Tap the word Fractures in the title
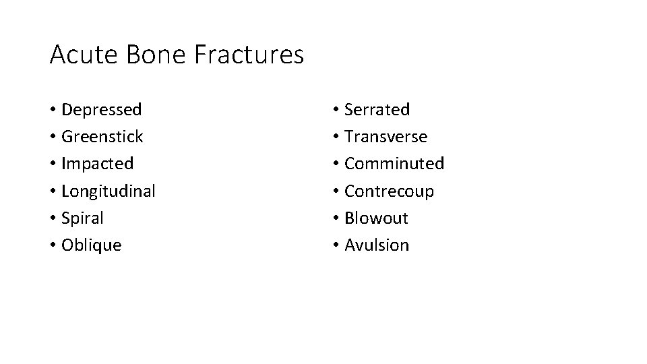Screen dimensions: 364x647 [x=249, y=55]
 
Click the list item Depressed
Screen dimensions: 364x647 [x=101, y=109]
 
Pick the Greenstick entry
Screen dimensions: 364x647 [x=102, y=137]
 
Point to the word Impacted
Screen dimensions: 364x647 [x=97, y=164]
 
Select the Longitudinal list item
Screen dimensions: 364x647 [x=108, y=191]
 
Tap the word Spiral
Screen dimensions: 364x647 [x=82, y=218]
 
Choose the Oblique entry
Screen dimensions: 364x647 [x=91, y=245]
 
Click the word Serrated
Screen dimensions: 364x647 [x=377, y=109]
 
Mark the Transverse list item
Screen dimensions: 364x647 [x=386, y=137]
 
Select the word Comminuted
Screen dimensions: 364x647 [x=394, y=164]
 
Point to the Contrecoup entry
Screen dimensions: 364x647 [x=389, y=191]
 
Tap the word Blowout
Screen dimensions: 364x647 [x=376, y=218]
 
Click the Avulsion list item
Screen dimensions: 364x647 [x=377, y=245]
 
